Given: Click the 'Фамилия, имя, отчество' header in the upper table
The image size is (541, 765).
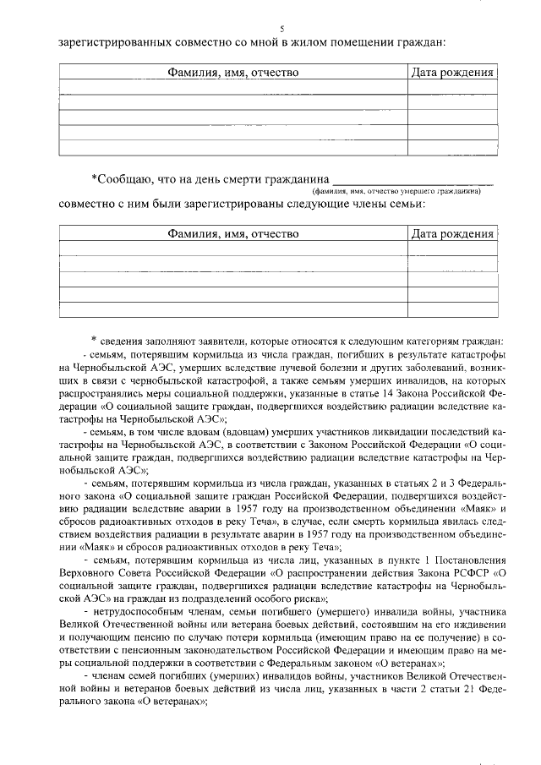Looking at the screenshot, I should point(232,73).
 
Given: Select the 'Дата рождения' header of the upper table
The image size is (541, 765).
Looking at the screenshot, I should point(452,73).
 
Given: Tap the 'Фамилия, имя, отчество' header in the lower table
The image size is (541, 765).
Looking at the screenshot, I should point(232,234).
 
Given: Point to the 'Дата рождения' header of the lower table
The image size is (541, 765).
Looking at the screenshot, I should point(452,234).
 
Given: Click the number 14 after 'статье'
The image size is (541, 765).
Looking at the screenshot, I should point(385,393).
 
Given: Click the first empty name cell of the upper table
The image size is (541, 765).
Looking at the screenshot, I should point(232,89).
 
